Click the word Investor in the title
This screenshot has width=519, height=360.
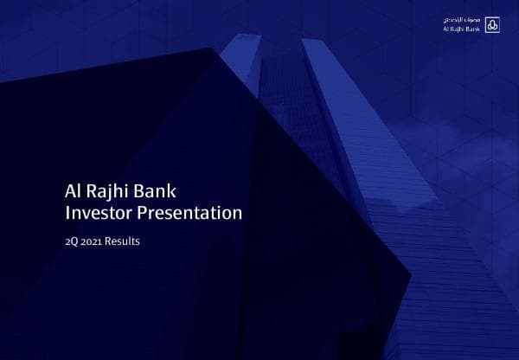click(97, 212)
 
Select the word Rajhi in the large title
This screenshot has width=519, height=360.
click(110, 190)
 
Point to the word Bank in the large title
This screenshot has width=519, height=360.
click(157, 190)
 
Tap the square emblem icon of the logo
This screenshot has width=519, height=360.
click(493, 23)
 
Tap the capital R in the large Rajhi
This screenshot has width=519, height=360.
click(91, 190)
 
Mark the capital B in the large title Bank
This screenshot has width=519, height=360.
click(144, 190)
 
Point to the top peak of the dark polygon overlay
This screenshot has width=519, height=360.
click(210, 48)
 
